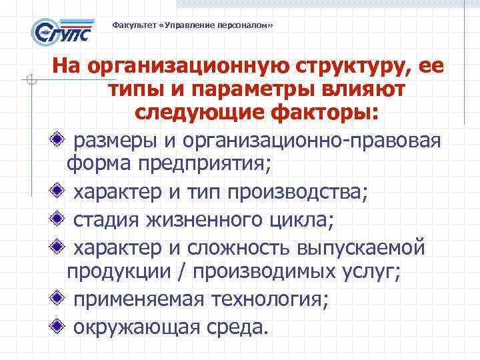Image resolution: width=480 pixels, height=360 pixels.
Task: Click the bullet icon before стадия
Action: [x=60, y=219]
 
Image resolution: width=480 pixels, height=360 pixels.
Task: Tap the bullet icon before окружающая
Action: [x=60, y=326]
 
